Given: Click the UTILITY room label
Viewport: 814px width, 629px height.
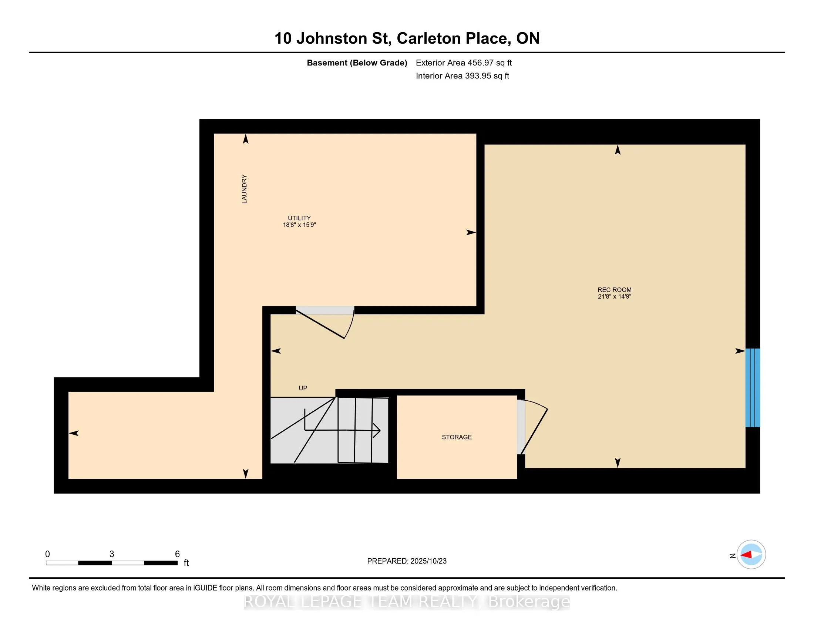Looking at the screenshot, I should click(299, 218).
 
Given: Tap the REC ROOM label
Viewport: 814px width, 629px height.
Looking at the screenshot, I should click(614, 290).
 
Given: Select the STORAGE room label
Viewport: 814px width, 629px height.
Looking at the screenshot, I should click(457, 437).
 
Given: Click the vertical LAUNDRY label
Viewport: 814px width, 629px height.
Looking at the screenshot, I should click(245, 189).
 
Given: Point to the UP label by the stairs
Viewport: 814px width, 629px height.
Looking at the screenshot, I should click(303, 388).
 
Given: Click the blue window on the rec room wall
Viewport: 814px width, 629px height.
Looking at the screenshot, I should click(752, 387).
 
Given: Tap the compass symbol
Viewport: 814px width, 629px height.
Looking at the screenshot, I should click(751, 555).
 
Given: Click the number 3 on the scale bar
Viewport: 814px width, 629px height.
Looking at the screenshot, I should click(111, 554).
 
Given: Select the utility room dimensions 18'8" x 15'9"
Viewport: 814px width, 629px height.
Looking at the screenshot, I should click(299, 225).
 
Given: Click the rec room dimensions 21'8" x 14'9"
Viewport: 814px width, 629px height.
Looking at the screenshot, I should click(614, 297).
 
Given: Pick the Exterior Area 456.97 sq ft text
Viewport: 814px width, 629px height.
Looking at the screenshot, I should click(464, 63).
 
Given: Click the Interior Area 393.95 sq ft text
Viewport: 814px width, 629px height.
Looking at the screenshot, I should click(462, 76).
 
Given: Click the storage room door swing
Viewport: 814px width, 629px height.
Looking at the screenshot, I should click(535, 425).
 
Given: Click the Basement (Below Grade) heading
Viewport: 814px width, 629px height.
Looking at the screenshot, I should click(357, 63).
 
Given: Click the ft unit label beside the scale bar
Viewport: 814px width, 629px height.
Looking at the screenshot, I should click(186, 563).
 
